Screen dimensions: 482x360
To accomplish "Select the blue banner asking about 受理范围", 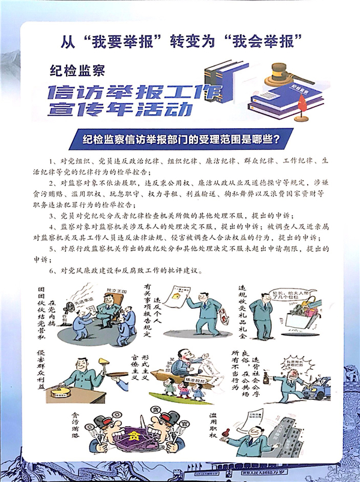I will pyautogui.click(x=179, y=140).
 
